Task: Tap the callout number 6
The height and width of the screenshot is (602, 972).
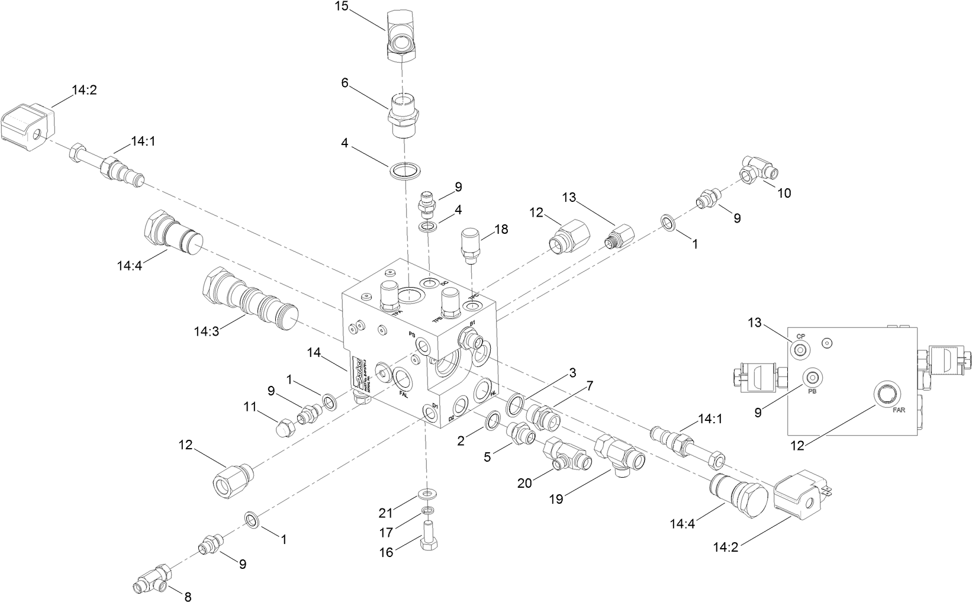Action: click(345, 83)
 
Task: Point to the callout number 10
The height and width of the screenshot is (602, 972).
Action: click(784, 192)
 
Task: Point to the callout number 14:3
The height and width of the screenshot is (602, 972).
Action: click(206, 331)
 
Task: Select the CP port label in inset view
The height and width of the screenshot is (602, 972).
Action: click(800, 336)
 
